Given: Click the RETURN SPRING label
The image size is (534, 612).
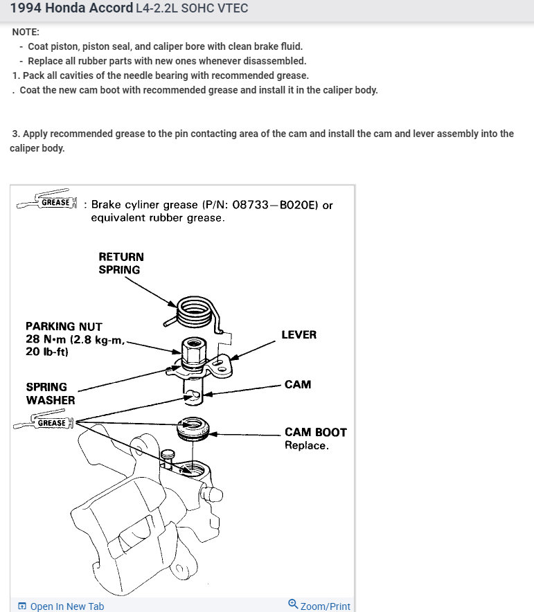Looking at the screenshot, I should click(x=121, y=263).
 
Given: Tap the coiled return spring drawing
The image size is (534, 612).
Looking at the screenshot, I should click(x=195, y=312).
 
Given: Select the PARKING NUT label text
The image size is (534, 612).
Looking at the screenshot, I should click(x=64, y=326).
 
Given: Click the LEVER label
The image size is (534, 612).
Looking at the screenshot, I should click(x=299, y=334).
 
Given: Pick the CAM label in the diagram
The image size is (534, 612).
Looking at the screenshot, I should click(x=298, y=384).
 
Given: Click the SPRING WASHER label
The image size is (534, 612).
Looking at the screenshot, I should click(x=51, y=393).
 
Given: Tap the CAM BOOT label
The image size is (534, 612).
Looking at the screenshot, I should click(x=315, y=432).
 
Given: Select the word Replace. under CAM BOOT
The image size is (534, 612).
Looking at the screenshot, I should click(x=306, y=445).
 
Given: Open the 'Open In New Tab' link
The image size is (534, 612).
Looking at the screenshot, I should click(x=61, y=606).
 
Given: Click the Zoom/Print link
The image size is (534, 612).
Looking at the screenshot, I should click(x=319, y=606).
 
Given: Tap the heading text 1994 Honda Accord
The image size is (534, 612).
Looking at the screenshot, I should click(x=71, y=8).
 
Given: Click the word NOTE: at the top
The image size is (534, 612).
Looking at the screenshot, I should click(x=26, y=33).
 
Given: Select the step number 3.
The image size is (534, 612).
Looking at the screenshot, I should click(x=15, y=134).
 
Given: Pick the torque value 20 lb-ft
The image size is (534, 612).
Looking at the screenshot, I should click(x=47, y=351).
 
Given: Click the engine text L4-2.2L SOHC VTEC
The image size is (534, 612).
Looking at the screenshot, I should click(x=192, y=8).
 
